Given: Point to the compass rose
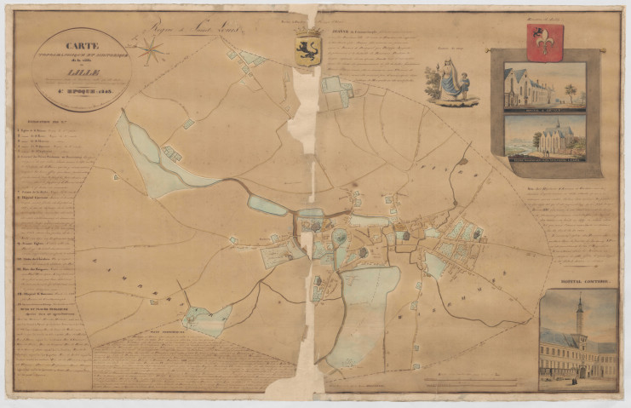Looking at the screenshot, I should (x=153, y=51).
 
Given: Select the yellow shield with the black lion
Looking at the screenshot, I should (x=307, y=49).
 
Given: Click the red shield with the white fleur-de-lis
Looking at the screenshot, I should (x=545, y=42).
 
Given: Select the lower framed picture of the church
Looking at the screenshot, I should (x=544, y=137).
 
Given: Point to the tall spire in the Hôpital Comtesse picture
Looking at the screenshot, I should (x=579, y=315).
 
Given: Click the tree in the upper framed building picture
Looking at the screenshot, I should (x=570, y=91).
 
